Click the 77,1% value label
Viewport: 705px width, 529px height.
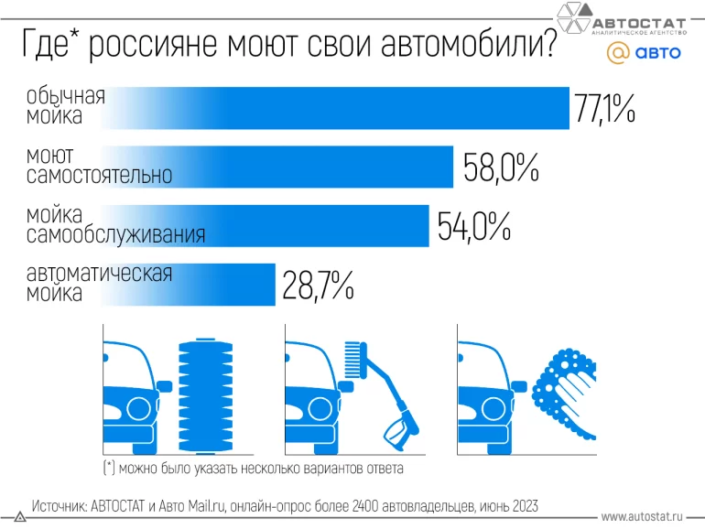coord(604,108)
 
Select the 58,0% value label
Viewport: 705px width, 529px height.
coord(501,167)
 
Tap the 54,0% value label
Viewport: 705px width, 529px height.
coord(473,226)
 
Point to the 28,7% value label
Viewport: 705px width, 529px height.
coord(318,286)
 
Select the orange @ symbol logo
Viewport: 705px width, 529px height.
coord(618,53)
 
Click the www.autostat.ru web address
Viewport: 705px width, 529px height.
coord(643,516)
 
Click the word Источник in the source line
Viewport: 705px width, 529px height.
coord(60,505)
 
